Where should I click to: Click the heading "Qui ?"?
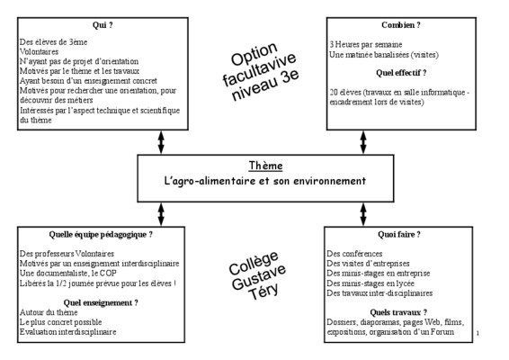pyautogui.click(x=103, y=25)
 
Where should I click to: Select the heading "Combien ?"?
pyautogui.click(x=401, y=25)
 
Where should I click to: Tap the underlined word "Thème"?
pyautogui.click(x=265, y=166)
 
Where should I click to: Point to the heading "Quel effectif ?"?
pyautogui.click(x=401, y=73)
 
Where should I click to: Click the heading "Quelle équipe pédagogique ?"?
pyautogui.click(x=101, y=235)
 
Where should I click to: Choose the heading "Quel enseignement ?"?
pyautogui.click(x=101, y=302)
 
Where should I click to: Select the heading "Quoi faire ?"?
pyautogui.click(x=399, y=234)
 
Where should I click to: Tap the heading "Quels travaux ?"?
pyautogui.click(x=398, y=312)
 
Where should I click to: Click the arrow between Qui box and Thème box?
pyautogui.click(x=161, y=142)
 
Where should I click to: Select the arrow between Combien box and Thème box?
pyautogui.click(x=363, y=142)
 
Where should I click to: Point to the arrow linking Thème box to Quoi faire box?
pyautogui.click(x=363, y=214)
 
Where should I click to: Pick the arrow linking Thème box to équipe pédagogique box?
pyautogui.click(x=161, y=214)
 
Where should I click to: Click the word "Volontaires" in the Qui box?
pyautogui.click(x=39, y=51)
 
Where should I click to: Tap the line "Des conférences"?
pyautogui.click(x=354, y=254)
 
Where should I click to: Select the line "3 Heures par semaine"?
pyautogui.click(x=366, y=44)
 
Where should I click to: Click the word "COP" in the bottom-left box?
pyautogui.click(x=108, y=274)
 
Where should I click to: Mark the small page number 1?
pyautogui.click(x=478, y=333)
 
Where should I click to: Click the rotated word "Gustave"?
pyautogui.click(x=259, y=277)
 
